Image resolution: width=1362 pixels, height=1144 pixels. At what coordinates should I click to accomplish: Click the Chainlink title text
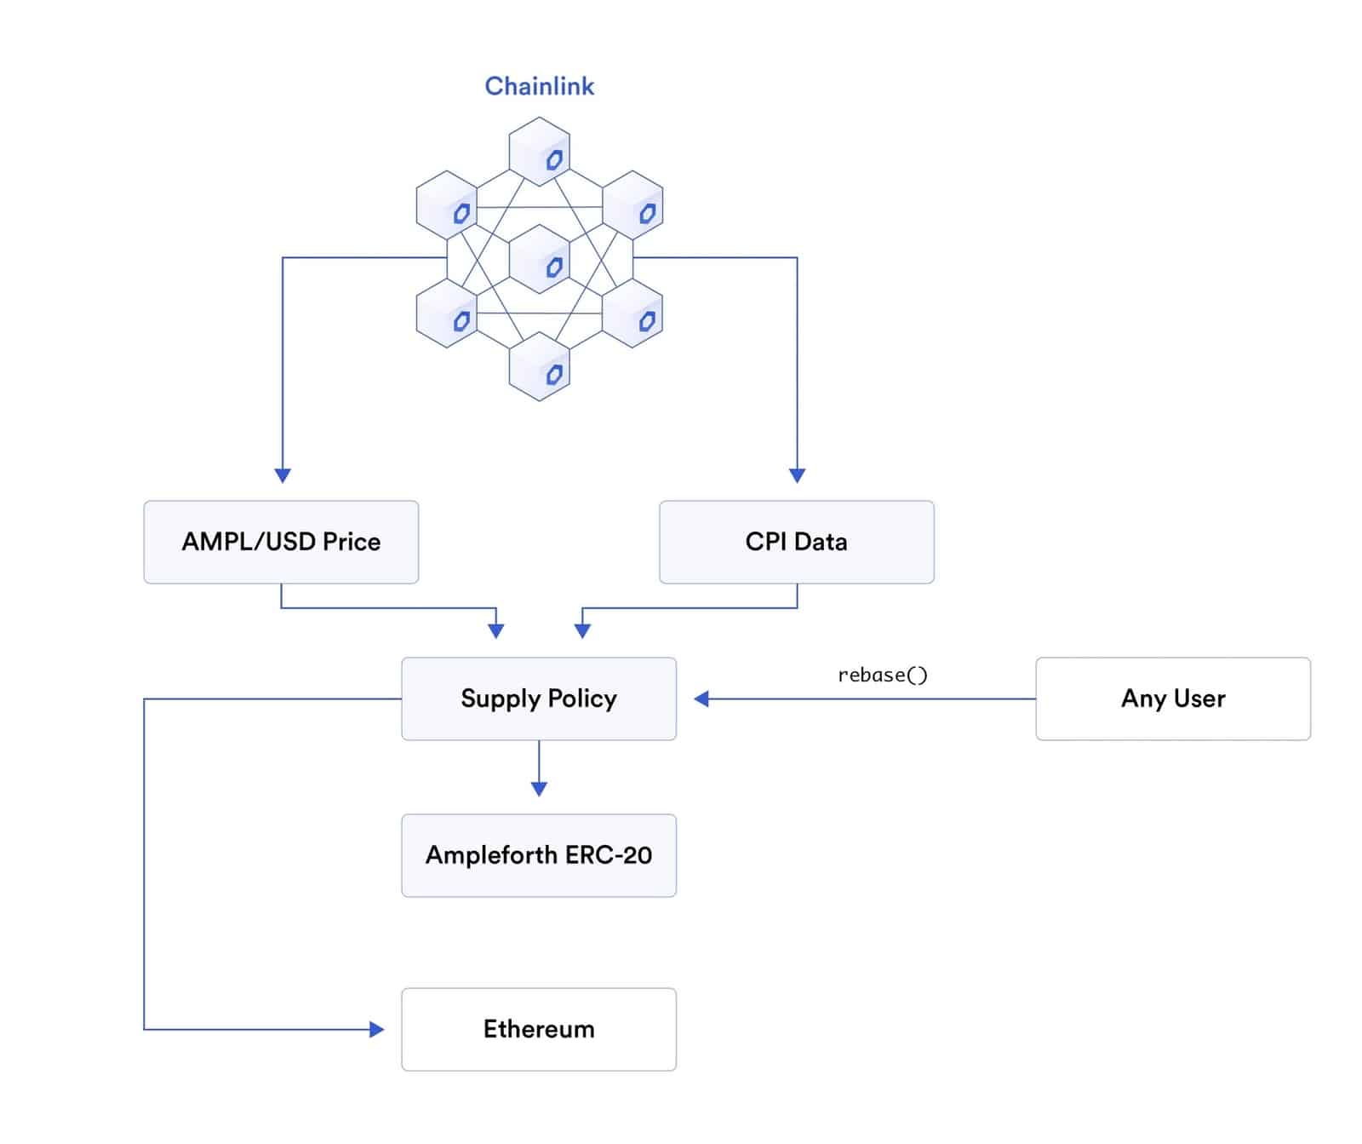click(x=539, y=86)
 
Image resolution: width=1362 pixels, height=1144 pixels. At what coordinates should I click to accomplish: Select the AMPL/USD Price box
click(x=281, y=542)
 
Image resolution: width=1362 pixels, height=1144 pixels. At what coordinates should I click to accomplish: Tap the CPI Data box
click(x=796, y=542)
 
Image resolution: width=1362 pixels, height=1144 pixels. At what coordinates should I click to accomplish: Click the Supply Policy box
click(x=538, y=698)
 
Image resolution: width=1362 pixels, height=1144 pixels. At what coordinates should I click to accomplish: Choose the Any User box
click(x=1172, y=698)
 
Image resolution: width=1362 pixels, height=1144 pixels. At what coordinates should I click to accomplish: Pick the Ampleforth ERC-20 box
click(x=538, y=855)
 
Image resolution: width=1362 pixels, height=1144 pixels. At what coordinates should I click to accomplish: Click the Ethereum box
click(x=538, y=1029)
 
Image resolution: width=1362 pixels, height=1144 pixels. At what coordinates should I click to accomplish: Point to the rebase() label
click(x=882, y=675)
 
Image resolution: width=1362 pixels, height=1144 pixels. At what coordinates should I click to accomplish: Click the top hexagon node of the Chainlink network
click(x=539, y=152)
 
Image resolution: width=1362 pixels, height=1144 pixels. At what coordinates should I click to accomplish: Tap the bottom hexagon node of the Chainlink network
click(x=539, y=366)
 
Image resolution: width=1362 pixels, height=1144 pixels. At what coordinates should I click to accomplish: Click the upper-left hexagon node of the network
click(x=446, y=205)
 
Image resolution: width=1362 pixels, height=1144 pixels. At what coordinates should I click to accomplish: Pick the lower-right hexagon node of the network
click(x=632, y=313)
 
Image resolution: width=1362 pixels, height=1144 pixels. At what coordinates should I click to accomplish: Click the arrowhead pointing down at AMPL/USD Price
click(x=283, y=475)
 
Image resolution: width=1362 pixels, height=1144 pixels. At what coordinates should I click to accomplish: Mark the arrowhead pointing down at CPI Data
click(x=797, y=475)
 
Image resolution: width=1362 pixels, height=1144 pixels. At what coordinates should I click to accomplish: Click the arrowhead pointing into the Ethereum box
click(x=376, y=1029)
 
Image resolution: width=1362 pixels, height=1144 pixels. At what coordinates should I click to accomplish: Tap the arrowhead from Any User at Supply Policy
click(x=701, y=698)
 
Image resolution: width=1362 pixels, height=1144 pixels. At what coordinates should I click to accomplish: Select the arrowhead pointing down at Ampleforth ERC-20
click(x=538, y=789)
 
